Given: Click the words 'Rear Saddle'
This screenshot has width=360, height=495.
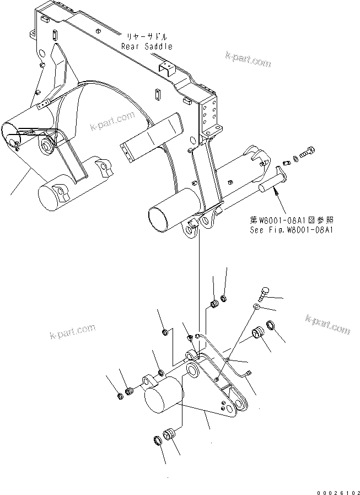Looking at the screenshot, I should pyautogui.click(x=147, y=47).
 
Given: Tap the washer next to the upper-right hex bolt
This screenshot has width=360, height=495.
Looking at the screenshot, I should pyautogui.click(x=296, y=159).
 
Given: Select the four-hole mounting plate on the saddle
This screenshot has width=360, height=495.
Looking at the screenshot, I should pyautogui.click(x=209, y=116).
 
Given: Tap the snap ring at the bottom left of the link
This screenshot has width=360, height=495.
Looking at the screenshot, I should pyautogui.click(x=157, y=440).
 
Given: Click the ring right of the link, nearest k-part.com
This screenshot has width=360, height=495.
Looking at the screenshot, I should pyautogui.click(x=271, y=326).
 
